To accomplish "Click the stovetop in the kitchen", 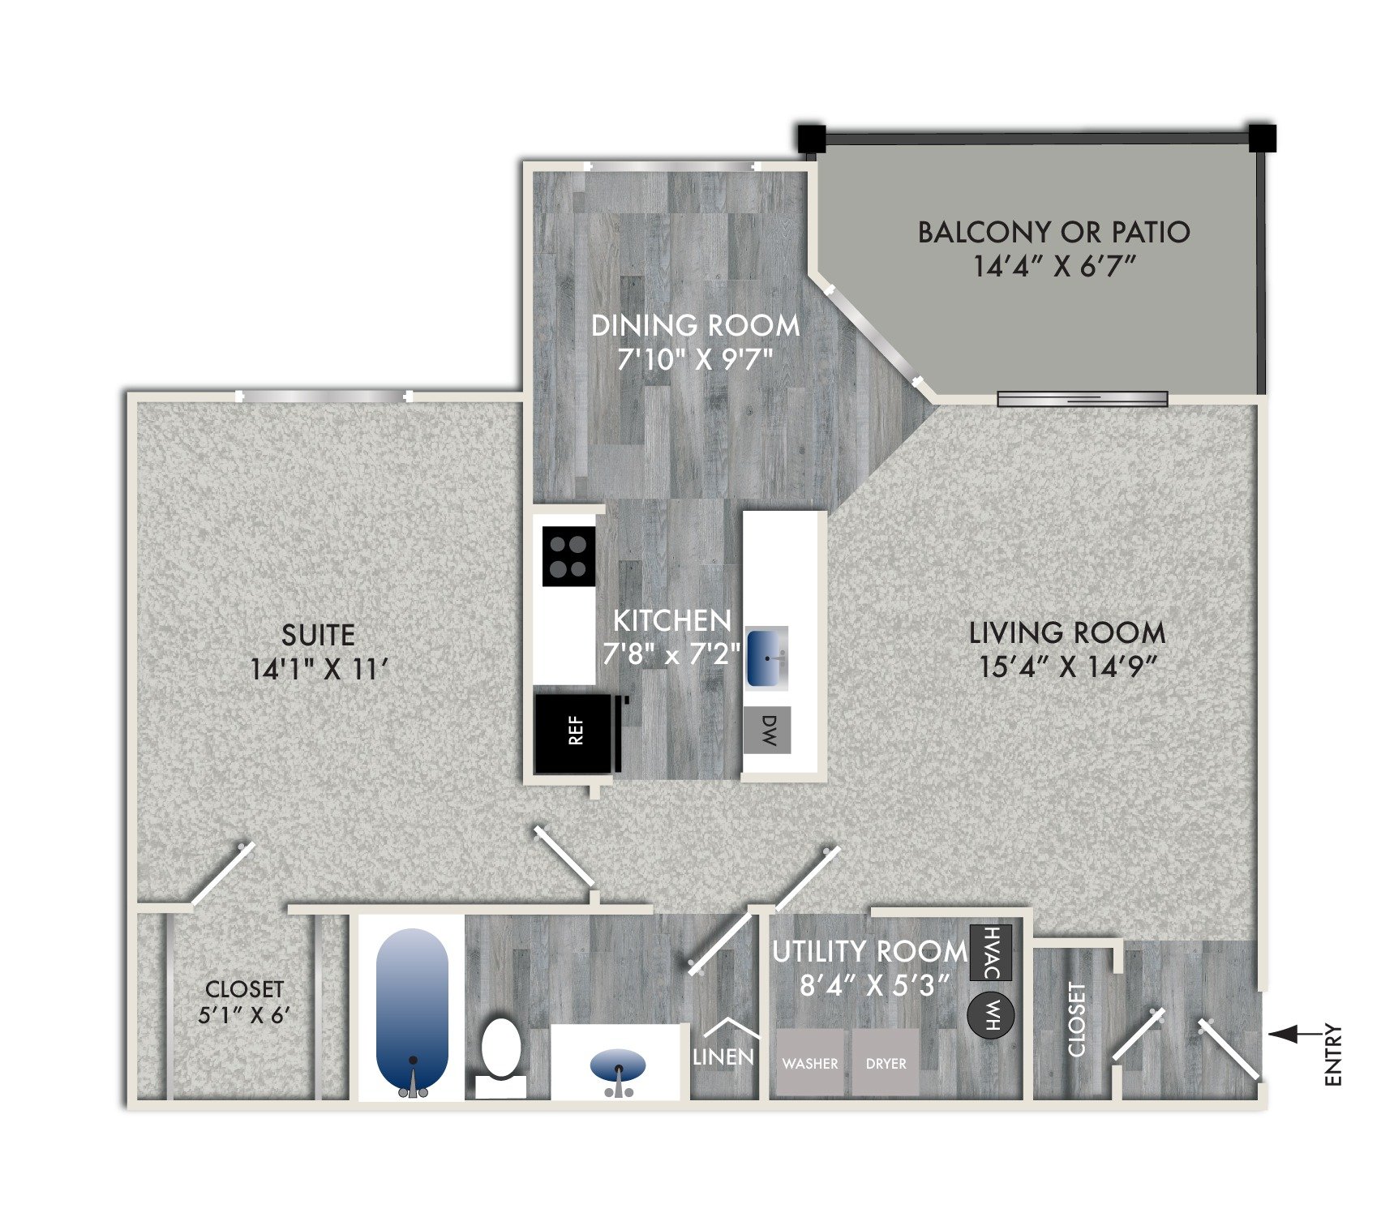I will [x=568, y=556].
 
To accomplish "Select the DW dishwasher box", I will [x=767, y=730].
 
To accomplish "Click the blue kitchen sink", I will [x=766, y=658].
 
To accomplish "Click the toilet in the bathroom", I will [x=500, y=1052].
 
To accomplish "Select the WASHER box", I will [x=809, y=1063].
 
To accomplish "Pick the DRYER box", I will [x=886, y=1063].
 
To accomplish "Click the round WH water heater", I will [x=990, y=1014].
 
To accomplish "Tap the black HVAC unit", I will [x=991, y=952].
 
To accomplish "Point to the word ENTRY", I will [x=1332, y=1055].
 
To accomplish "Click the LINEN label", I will [x=723, y=1056].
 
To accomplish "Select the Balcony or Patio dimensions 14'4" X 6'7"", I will [x=1053, y=266].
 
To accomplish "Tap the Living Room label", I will [x=1067, y=632].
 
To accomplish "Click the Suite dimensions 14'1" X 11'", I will [x=319, y=670].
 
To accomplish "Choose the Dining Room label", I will [x=695, y=326].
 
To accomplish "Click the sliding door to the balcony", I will [x=1082, y=398].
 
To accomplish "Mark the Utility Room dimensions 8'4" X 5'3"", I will [x=873, y=985].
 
